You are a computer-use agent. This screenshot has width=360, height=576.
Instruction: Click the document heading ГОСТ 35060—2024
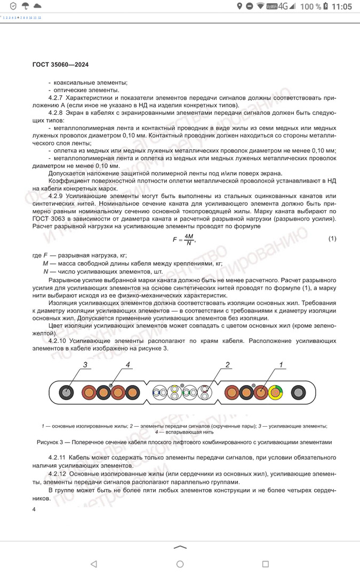point(60,65)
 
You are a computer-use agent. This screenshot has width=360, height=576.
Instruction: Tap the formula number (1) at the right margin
point(332,238)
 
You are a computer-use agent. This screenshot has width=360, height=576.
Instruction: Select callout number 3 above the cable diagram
point(84,365)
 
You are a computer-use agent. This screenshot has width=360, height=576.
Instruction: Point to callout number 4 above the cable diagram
point(128,365)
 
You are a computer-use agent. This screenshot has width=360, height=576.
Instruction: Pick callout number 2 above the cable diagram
point(227,365)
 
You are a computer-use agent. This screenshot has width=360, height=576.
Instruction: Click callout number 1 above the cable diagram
point(281,365)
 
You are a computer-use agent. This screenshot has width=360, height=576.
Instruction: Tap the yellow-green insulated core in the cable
point(277,394)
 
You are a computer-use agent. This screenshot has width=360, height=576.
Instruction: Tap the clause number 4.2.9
point(57,196)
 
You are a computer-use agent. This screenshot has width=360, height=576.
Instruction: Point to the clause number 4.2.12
point(59,474)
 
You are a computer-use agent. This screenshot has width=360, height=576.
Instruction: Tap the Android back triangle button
point(94,564)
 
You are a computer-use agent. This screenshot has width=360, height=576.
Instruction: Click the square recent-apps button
point(265,564)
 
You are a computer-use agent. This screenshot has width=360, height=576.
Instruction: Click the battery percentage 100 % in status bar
point(311,6)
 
